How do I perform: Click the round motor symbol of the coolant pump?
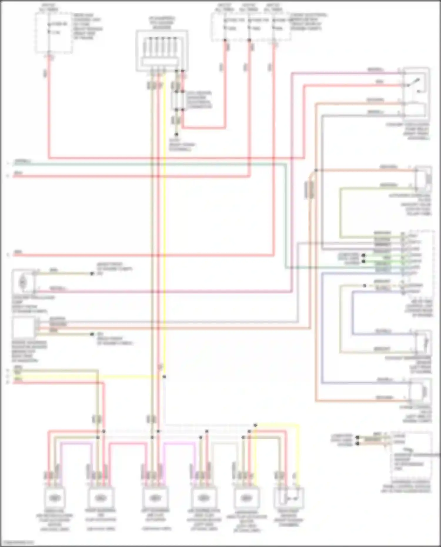[23, 282]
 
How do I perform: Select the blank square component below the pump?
[23, 327]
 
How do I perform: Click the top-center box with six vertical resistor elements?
[162, 50]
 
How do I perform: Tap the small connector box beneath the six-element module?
[177, 101]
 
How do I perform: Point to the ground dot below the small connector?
[176, 134]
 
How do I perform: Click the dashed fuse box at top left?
[54, 33]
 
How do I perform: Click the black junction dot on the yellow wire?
[164, 377]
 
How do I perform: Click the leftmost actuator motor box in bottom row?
[54, 498]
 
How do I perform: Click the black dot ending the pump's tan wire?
[92, 274]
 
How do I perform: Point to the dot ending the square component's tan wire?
[92, 334]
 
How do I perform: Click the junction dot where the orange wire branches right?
[316, 170]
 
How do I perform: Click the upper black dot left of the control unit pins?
[364, 255]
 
